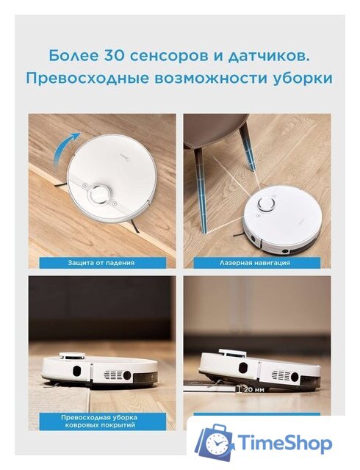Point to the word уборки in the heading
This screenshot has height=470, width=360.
pyautogui.click(x=302, y=78)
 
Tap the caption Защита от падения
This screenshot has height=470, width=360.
pyautogui.click(x=102, y=261)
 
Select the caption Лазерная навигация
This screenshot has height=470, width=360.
pyautogui.click(x=253, y=261)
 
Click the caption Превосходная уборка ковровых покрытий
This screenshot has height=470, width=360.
pyautogui.click(x=102, y=421)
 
